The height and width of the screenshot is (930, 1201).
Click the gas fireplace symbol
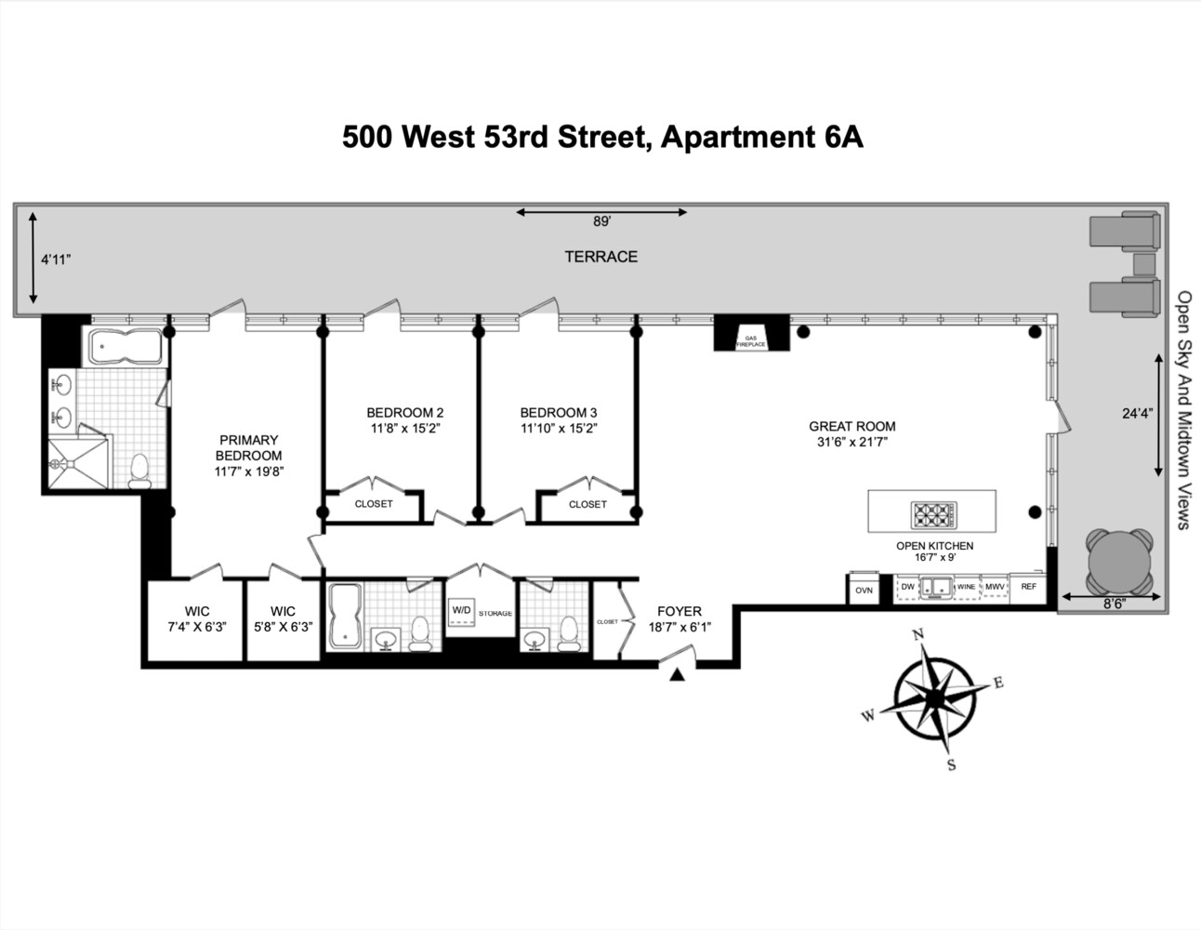[751, 336]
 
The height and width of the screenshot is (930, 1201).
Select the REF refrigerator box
[1028, 587]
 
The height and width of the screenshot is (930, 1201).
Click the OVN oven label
[864, 590]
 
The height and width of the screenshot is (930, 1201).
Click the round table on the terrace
[1119, 562]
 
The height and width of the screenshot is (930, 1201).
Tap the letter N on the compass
[918, 635]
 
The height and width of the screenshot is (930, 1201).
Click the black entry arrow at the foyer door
[678, 675]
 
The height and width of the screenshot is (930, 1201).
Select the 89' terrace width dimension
[601, 222]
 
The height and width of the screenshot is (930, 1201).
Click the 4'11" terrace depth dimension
[56, 260]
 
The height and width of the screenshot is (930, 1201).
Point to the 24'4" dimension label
[1137, 414]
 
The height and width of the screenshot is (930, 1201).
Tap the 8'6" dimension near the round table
[1114, 603]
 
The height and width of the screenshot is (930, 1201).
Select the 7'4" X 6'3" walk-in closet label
[197, 627]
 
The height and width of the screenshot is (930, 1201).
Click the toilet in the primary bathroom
[140, 470]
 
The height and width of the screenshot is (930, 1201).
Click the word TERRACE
[600, 257]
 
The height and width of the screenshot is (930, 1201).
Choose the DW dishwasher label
[907, 587]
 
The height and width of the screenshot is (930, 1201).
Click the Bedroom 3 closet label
[587, 504]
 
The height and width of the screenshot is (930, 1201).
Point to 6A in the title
[842, 137]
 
